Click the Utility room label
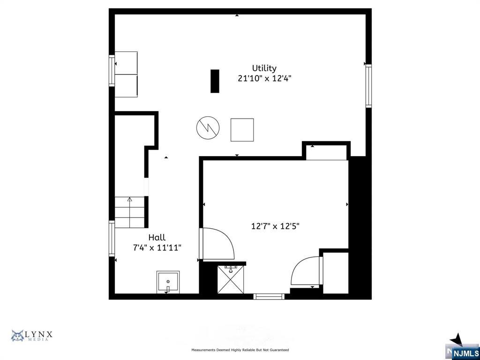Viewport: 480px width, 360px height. click(x=264, y=68)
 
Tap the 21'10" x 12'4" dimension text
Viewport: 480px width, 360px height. click(x=264, y=79)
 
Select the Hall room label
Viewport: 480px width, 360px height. click(x=157, y=238)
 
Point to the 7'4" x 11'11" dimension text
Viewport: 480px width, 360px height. click(x=157, y=247)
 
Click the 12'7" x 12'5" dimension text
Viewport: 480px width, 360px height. click(x=275, y=226)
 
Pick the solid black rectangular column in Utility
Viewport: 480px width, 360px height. click(x=215, y=81)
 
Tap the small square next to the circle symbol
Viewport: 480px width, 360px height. click(x=242, y=130)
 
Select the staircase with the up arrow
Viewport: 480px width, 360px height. click(x=129, y=212)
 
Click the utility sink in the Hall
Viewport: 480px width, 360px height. click(x=168, y=282)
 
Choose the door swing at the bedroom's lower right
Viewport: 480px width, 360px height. click(x=306, y=271)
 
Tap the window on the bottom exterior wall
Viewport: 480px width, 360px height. click(x=269, y=296)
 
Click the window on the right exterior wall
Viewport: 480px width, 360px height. click(x=368, y=86)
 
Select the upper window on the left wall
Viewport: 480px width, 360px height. click(x=112, y=70)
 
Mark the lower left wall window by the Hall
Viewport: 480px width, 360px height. click(x=112, y=239)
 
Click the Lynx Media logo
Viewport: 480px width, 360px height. click(x=32, y=336)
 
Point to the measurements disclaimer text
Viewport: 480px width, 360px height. click(x=240, y=350)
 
